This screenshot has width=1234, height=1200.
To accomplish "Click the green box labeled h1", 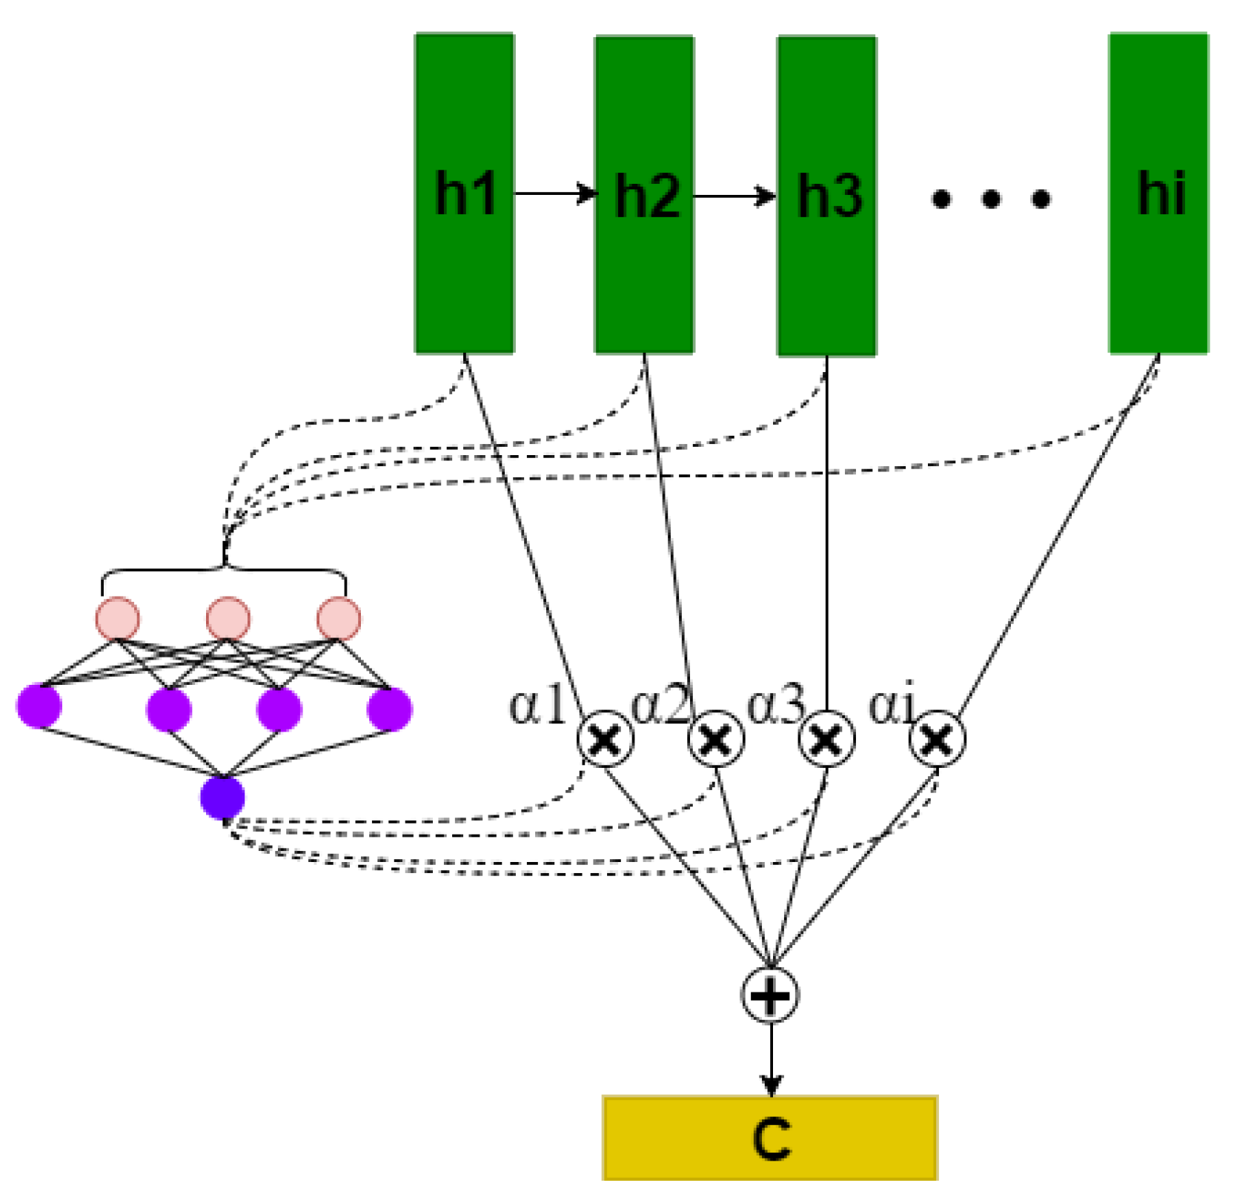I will (x=464, y=193).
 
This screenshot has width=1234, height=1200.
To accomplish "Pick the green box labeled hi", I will (x=1158, y=193).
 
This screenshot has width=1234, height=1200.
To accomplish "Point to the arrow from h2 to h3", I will (x=734, y=196).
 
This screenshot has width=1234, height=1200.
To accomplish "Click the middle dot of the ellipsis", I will (x=991, y=199).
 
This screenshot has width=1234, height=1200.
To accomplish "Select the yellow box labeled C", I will (x=770, y=1138).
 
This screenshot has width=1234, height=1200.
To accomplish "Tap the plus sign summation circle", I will (x=770, y=995).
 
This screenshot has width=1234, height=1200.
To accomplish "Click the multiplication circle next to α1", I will (x=605, y=738).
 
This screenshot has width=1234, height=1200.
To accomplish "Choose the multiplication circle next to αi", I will (x=937, y=738).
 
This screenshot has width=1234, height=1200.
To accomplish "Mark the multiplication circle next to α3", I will (x=826, y=738).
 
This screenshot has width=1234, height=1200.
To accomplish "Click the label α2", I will (x=659, y=704).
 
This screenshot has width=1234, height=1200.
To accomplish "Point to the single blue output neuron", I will (x=222, y=798).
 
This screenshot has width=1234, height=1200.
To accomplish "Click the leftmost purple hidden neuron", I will (x=39, y=706).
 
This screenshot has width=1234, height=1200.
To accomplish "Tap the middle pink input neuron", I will (x=228, y=618).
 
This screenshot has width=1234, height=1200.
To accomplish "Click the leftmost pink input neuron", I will (x=117, y=618).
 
